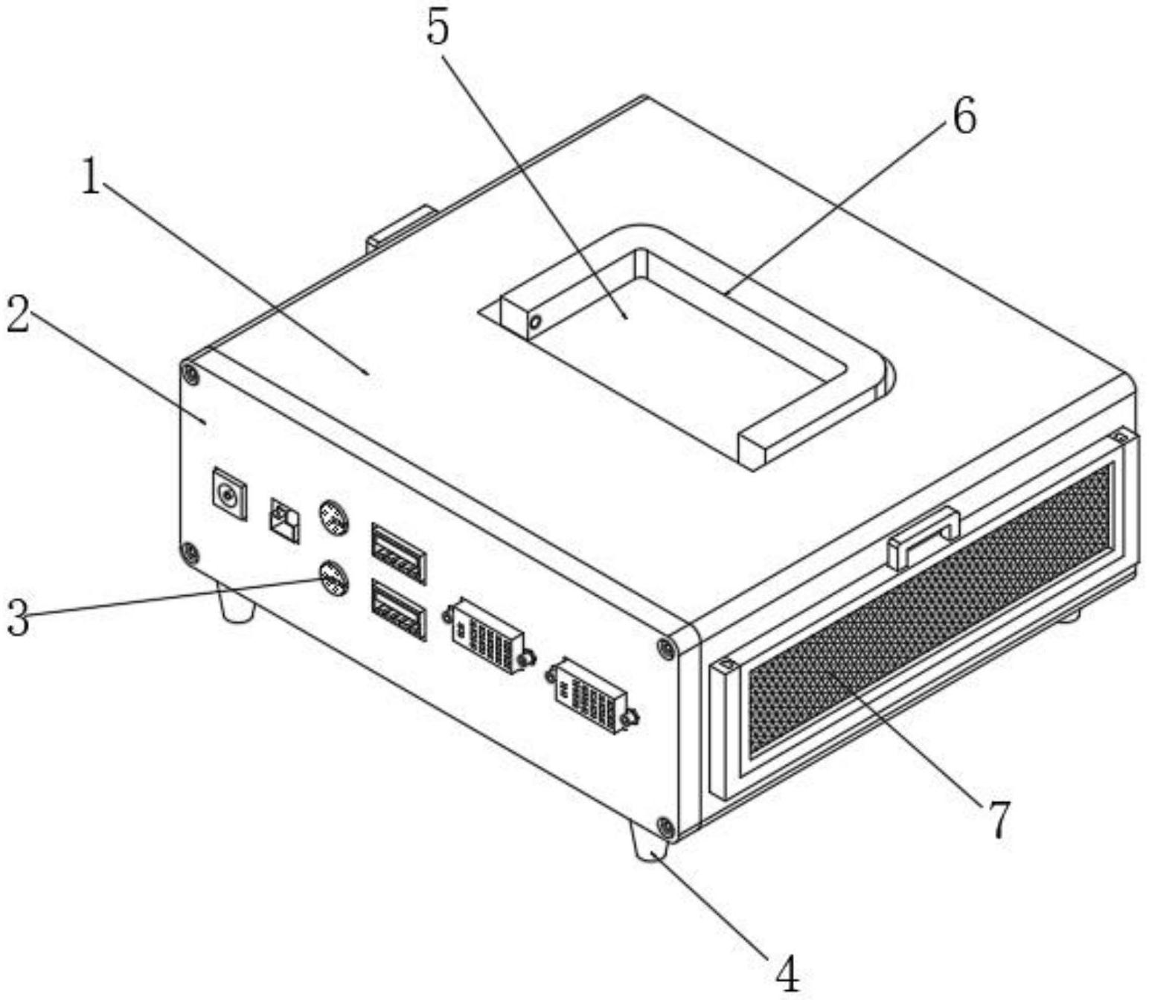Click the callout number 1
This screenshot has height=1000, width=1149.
click(91, 178)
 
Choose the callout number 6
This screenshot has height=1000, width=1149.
click(964, 118)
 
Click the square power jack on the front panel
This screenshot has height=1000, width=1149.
click(229, 493)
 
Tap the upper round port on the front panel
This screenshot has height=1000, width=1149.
click(334, 517)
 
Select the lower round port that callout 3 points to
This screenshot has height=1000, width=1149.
click(334, 578)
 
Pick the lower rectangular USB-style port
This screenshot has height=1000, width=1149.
click(399, 611)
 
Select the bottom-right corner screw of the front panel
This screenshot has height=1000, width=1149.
click(665, 826)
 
